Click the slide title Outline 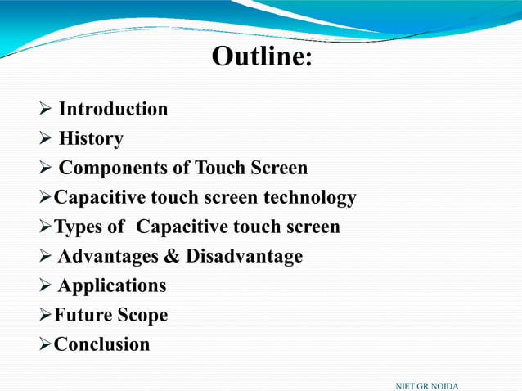point(261,57)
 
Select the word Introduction point(113,109)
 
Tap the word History point(91,138)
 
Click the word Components point(114,169)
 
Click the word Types point(79,227)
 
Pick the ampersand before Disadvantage point(172,256)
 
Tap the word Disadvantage point(244,256)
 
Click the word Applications point(112,285)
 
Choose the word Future point(80,315)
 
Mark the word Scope point(140,316)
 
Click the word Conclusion point(101,344)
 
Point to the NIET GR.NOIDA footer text point(426,384)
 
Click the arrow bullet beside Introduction point(46,110)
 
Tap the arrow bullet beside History point(46,139)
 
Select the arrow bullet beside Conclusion point(46,345)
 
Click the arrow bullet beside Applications point(46,286)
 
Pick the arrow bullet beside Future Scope point(46,316)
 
